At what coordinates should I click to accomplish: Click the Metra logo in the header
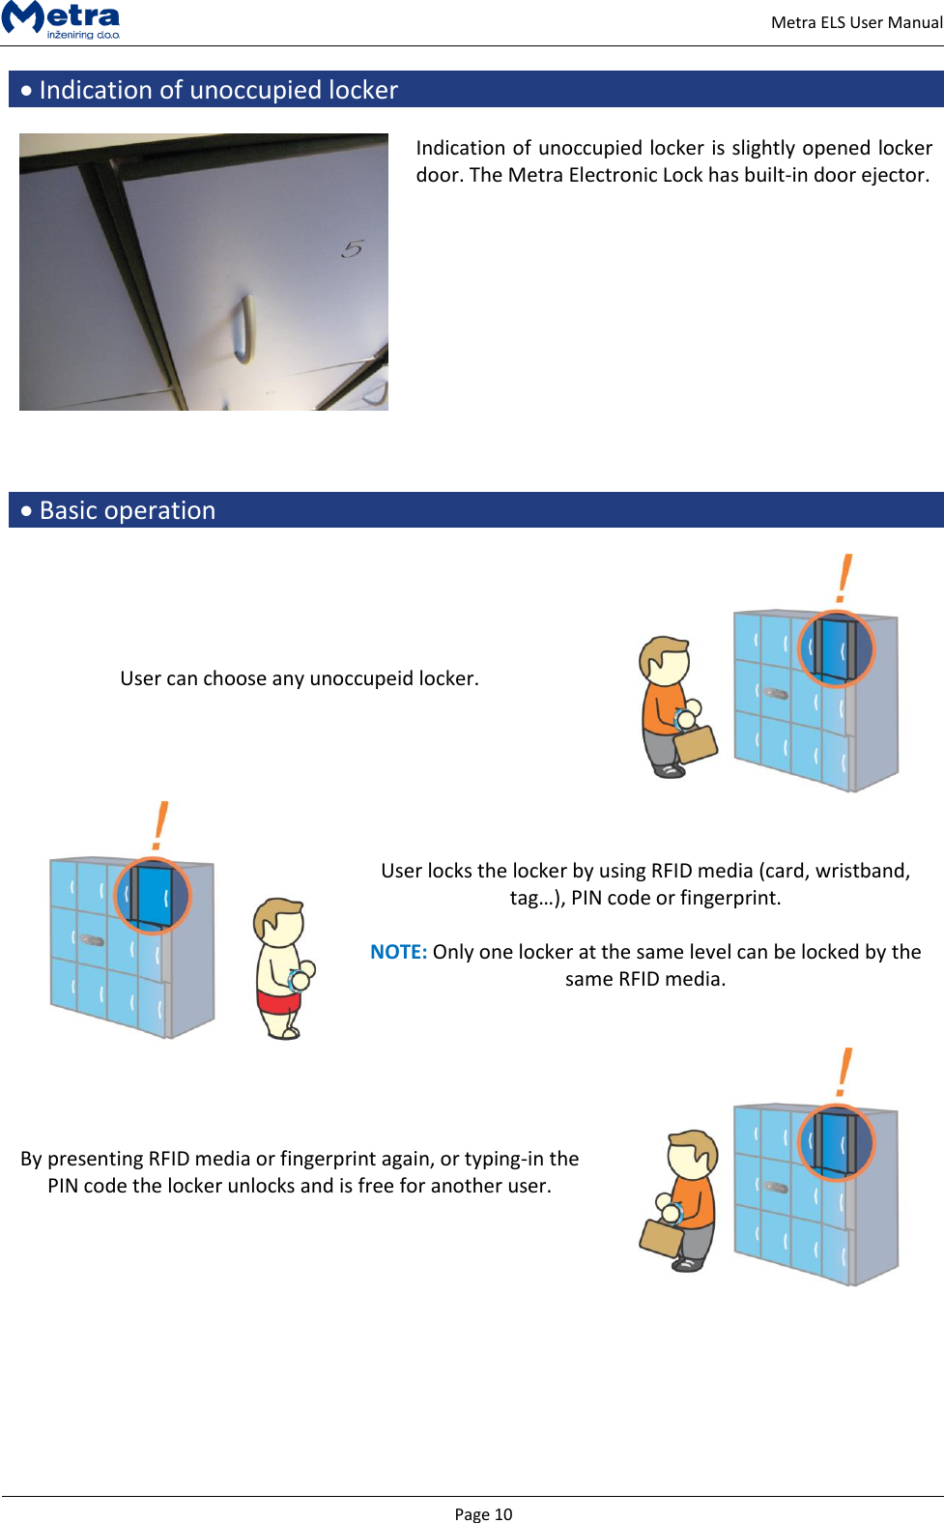(62, 18)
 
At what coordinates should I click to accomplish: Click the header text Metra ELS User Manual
(856, 22)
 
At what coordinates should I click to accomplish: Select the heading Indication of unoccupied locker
(218, 90)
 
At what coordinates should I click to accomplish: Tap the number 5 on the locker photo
(353, 249)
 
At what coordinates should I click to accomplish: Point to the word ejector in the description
(895, 175)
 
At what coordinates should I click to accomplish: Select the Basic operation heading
(128, 510)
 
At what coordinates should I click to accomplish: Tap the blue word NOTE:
(398, 952)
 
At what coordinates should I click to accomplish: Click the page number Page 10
(483, 1513)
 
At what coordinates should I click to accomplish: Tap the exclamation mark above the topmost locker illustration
(844, 578)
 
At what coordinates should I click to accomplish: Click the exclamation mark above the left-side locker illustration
(160, 825)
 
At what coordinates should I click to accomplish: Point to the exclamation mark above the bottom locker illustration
(844, 1072)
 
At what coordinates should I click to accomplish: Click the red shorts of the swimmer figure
(278, 1001)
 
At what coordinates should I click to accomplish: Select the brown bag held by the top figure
(696, 743)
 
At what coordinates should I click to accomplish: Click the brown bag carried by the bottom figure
(662, 1238)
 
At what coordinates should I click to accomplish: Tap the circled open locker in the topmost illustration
(836, 648)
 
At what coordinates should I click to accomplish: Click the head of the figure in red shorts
(280, 923)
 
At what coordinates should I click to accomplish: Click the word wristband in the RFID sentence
(862, 871)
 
